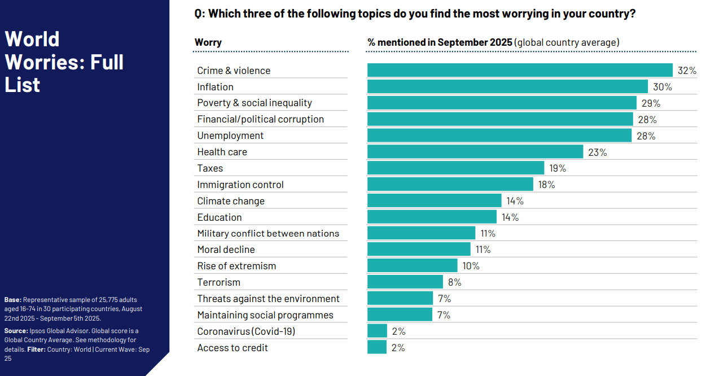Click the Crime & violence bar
pyautogui.click(x=519, y=70)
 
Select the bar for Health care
pyautogui.click(x=475, y=152)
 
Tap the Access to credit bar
pyautogui.click(x=377, y=347)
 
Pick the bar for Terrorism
pyautogui.click(x=405, y=282)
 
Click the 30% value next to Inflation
pyautogui.click(x=663, y=87)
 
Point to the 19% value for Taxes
pyautogui.click(x=558, y=168)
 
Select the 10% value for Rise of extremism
pyautogui.click(x=471, y=266)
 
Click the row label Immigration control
pyautogui.click(x=240, y=185)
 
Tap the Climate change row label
pyautogui.click(x=231, y=201)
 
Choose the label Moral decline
pyautogui.click(x=226, y=250)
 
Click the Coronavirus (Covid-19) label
pyautogui.click(x=246, y=331)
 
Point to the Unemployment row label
pyautogui.click(x=230, y=135)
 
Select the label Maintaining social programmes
pyautogui.click(x=265, y=315)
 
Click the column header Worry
pyautogui.click(x=208, y=42)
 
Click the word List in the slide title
pyautogui.click(x=23, y=85)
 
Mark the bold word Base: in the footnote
pyautogui.click(x=12, y=300)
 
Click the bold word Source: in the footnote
pyautogui.click(x=15, y=331)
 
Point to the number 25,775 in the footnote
pyautogui.click(x=101, y=300)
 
